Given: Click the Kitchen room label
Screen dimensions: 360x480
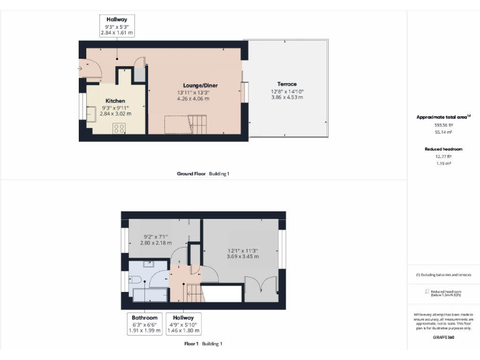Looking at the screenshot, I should (115, 101).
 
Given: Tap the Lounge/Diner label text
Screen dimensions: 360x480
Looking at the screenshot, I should (200, 85).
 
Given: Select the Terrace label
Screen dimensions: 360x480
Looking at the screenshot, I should (287, 84).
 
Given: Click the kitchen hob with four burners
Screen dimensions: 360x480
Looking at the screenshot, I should (119, 128).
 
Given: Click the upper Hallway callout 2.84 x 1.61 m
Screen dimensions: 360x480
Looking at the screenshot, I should (117, 26).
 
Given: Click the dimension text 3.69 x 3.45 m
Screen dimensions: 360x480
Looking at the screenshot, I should (242, 256).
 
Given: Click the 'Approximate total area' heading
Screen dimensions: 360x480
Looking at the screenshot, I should (442, 117).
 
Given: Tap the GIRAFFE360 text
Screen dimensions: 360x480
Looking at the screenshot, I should (443, 337).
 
